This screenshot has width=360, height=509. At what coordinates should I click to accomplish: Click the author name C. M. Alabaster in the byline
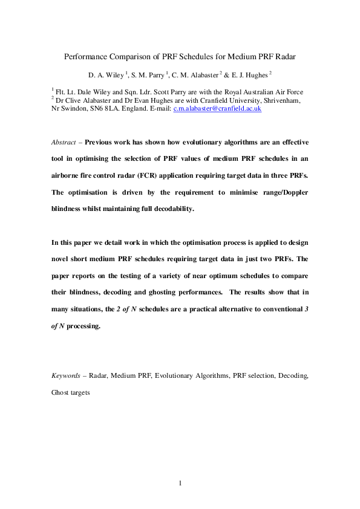pos(195,74)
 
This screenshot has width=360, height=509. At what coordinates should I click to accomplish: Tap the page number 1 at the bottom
pos(180,483)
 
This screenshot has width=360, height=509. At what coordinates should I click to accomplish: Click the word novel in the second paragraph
pos(62,258)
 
